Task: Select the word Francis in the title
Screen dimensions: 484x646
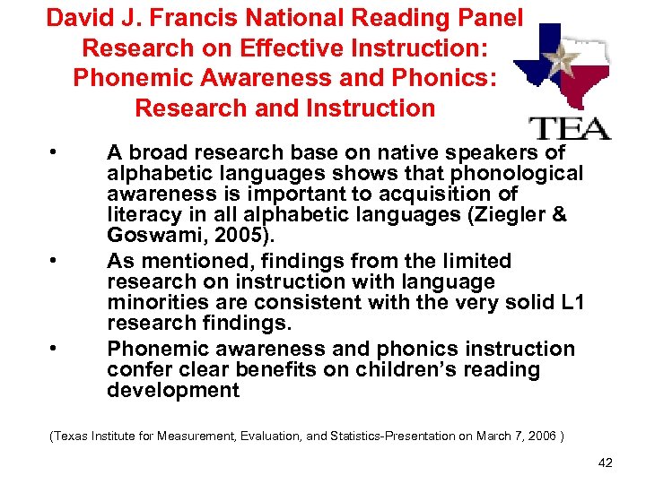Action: click(203, 18)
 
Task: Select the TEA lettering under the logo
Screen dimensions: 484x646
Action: click(570, 127)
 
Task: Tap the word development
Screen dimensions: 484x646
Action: click(172, 391)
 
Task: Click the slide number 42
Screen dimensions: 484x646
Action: click(606, 462)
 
